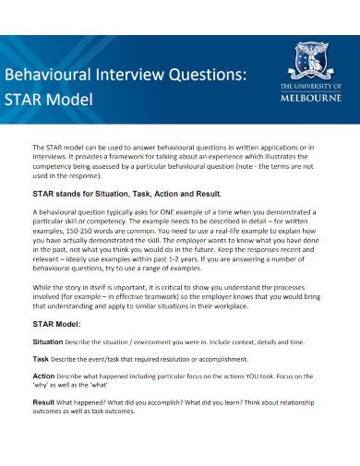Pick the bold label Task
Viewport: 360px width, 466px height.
[41, 358]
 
